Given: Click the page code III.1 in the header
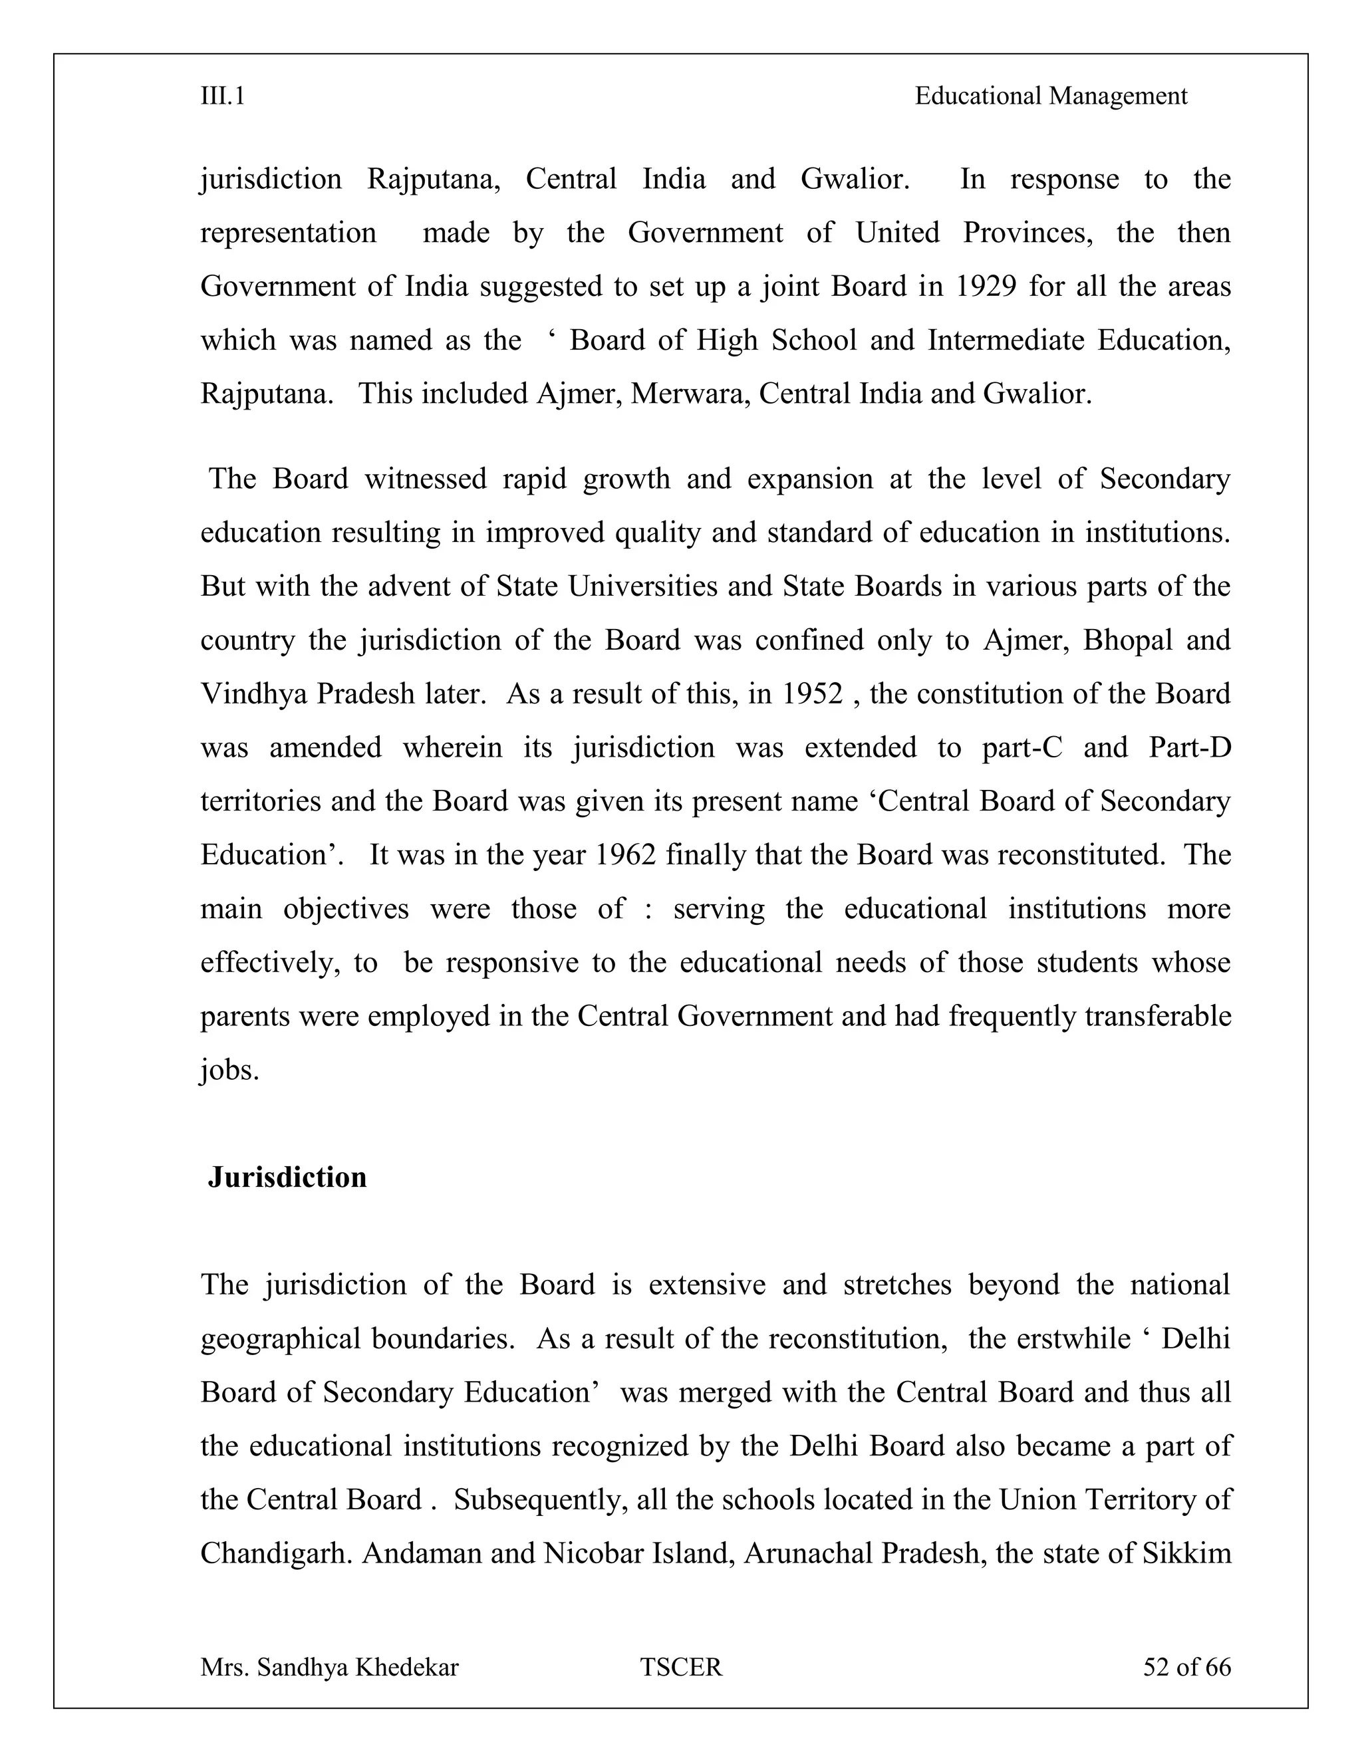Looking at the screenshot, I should (223, 97).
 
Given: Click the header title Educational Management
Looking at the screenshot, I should (1051, 97).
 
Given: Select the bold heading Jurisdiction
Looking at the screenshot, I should (287, 1177).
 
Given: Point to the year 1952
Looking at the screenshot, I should (812, 693).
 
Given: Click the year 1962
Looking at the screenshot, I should (625, 855).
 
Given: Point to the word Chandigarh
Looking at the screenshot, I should (275, 1554).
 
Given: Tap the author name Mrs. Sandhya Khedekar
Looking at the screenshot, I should (329, 1668).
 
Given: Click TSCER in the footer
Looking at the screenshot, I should (681, 1668).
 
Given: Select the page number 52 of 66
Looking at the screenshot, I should (1186, 1668).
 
